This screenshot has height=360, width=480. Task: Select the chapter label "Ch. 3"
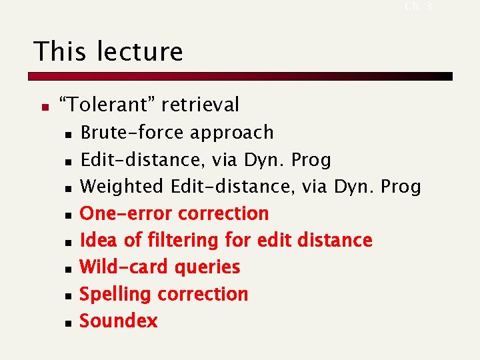point(418,6)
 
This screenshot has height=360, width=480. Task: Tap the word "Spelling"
point(117,294)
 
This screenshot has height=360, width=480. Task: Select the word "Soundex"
point(119,321)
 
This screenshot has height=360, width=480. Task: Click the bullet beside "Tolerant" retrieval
point(45,106)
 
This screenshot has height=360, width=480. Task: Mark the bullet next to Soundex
point(68,323)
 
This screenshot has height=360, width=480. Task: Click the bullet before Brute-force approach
point(68,134)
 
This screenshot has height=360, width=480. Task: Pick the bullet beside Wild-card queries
point(68,269)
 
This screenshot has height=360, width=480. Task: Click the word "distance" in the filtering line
point(335,240)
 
